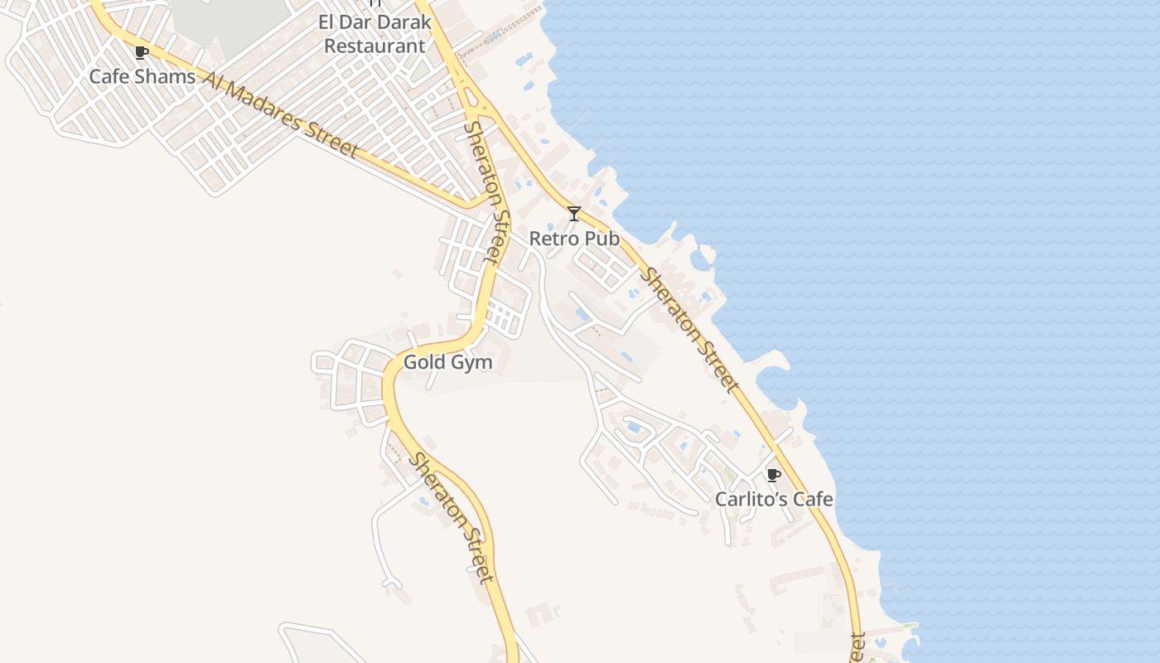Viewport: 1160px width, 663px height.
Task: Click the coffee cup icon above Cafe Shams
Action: click(x=142, y=53)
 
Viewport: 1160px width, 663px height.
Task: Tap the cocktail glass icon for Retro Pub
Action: click(x=573, y=214)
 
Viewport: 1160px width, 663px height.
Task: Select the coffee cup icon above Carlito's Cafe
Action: click(x=773, y=475)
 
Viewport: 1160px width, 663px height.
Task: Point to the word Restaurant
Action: click(x=375, y=46)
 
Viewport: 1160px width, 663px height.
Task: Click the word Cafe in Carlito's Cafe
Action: click(x=813, y=500)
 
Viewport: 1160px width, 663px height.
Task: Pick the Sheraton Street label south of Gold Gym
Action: click(x=452, y=518)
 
